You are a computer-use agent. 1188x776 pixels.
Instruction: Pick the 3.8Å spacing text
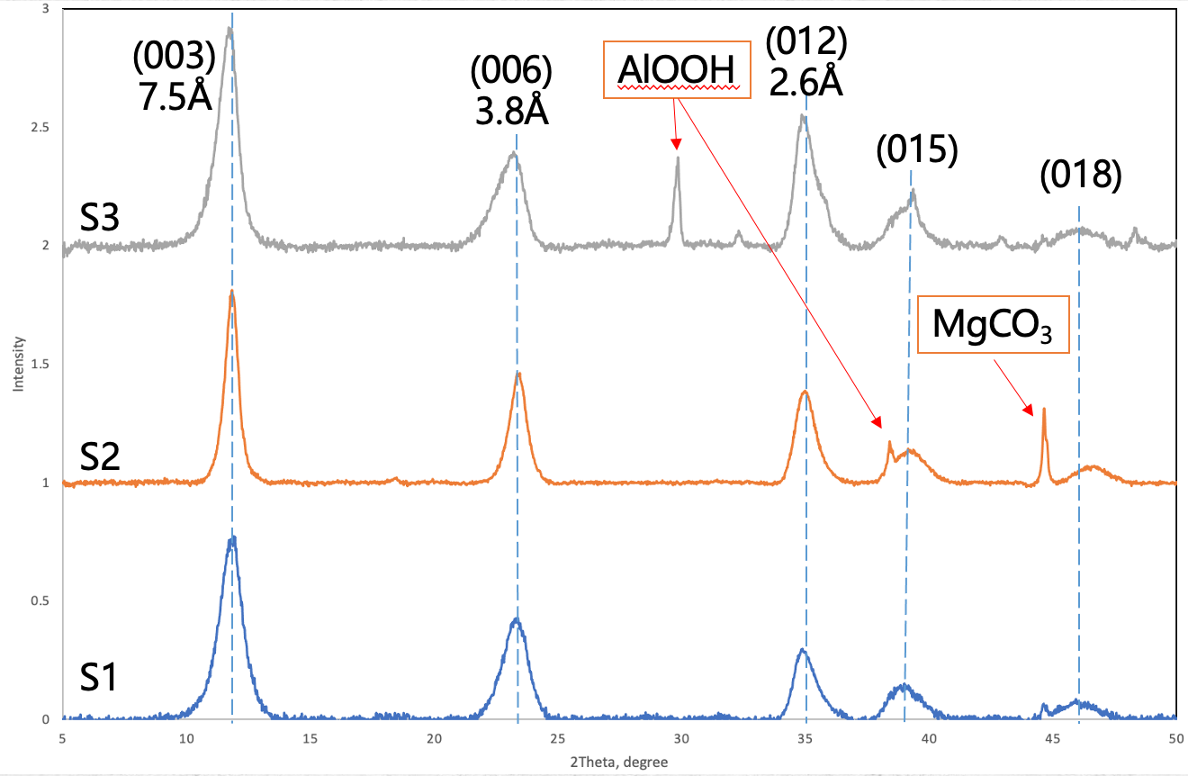(511, 113)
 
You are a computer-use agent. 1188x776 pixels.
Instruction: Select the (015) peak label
(917, 150)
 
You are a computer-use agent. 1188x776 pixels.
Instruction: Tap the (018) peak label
(1080, 176)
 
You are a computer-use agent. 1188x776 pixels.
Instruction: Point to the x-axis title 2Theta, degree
(619, 762)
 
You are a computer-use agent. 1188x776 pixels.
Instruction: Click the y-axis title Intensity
(17, 364)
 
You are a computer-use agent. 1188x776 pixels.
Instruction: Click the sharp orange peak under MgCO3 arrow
(1043, 411)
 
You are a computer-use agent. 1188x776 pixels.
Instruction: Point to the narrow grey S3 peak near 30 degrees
(677, 160)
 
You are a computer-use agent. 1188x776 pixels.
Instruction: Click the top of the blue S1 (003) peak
(232, 538)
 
